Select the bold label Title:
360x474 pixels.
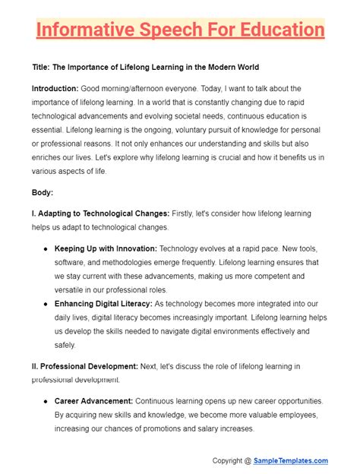44,68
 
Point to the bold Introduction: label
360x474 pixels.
59,89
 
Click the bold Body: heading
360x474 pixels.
43,192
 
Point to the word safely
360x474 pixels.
66,345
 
